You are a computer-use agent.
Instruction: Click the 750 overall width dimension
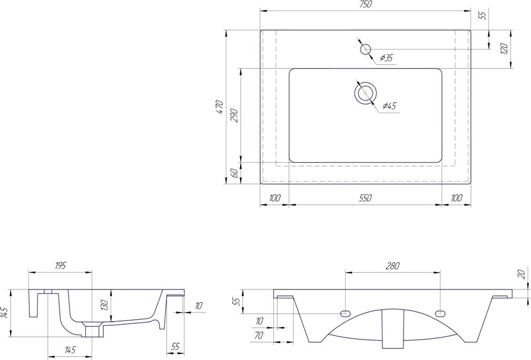pyautogui.click(x=366, y=4)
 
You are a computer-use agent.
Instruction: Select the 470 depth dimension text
pyautogui.click(x=220, y=107)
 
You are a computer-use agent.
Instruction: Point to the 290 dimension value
pyautogui.click(x=235, y=116)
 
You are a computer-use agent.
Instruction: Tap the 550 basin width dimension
pyautogui.click(x=366, y=198)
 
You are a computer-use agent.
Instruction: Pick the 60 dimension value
pyautogui.click(x=235, y=173)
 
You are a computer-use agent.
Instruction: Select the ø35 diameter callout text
pyautogui.click(x=386, y=58)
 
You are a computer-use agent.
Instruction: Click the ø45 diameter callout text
pyautogui.click(x=389, y=106)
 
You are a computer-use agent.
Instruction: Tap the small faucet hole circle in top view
pyautogui.click(x=365, y=49)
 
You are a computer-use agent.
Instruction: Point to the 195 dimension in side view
pyautogui.click(x=60, y=266)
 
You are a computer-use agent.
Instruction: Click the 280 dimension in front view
pyautogui.click(x=392, y=266)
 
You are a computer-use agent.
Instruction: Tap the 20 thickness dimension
pyautogui.click(x=522, y=273)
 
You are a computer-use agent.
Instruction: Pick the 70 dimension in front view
pyautogui.click(x=259, y=335)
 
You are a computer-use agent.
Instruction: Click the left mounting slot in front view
pyautogui.click(x=345, y=313)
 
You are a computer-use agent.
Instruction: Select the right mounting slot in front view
pyautogui.click(x=440, y=313)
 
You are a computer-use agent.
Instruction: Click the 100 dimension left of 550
pyautogui.click(x=274, y=198)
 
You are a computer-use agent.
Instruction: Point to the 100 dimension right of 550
pyautogui.click(x=457, y=198)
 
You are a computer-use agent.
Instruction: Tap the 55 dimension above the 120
pyautogui.click(x=483, y=15)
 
